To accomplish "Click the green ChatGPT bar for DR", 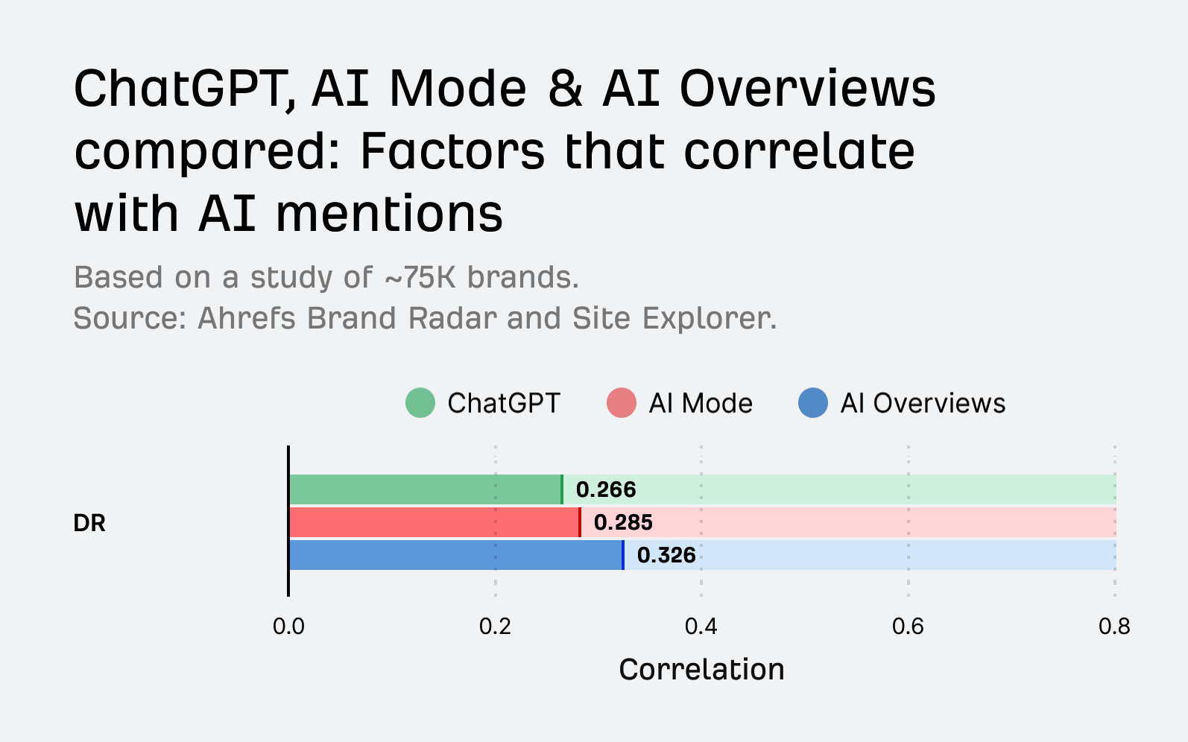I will [x=425, y=489].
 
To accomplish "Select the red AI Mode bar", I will [x=434, y=522].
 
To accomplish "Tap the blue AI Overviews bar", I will [x=455, y=555].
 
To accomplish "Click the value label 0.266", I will [x=606, y=489].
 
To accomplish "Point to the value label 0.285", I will [x=623, y=522].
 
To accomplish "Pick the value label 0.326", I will [x=666, y=555].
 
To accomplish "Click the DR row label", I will [x=89, y=523].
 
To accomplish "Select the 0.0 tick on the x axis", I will [x=288, y=627].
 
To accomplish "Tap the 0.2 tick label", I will [x=495, y=627].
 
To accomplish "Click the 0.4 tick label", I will [x=701, y=627].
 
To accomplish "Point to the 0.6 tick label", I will [x=908, y=627].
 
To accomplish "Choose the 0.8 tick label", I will [x=1114, y=627].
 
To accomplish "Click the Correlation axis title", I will [x=701, y=669].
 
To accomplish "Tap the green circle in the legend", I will [x=420, y=403].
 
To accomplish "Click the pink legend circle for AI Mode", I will [x=622, y=403].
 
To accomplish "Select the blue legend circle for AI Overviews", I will [x=813, y=403].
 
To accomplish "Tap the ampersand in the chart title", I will [x=565, y=89].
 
